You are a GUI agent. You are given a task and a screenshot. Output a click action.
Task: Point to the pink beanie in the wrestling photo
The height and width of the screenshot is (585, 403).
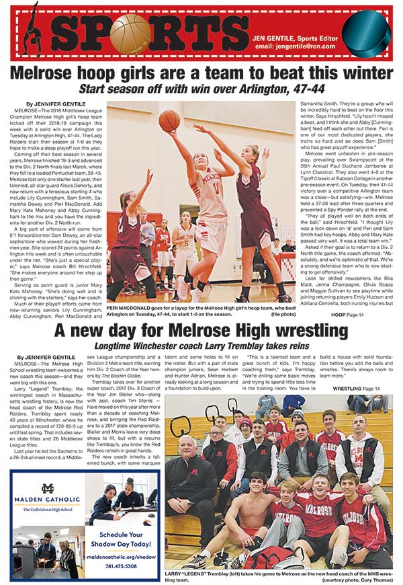(x=247, y=424)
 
